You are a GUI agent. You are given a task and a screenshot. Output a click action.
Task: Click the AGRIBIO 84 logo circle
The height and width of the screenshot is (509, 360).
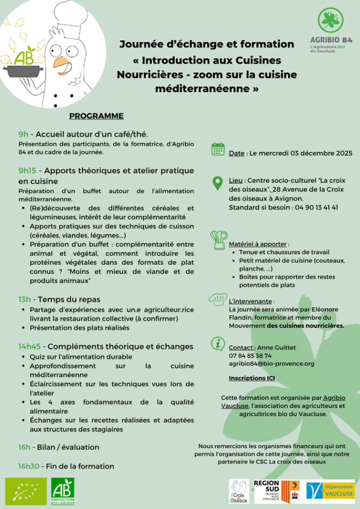point(331,20)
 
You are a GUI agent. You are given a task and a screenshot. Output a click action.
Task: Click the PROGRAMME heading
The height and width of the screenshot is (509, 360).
point(96,116)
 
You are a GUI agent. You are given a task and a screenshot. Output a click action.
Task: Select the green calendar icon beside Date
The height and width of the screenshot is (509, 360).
point(218,149)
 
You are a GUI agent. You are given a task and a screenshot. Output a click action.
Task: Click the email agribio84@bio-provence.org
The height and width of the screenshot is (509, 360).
point(271,364)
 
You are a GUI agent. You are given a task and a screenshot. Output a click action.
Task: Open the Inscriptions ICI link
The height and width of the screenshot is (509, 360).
point(252,378)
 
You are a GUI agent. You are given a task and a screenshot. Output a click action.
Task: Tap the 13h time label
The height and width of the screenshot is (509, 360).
point(24,299)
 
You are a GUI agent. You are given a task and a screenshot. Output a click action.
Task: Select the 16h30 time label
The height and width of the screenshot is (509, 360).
point(29,466)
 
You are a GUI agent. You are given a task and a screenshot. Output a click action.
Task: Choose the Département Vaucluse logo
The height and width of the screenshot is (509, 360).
point(331,490)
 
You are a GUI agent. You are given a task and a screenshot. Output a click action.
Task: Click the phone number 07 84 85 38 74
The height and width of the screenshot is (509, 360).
point(250,356)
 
